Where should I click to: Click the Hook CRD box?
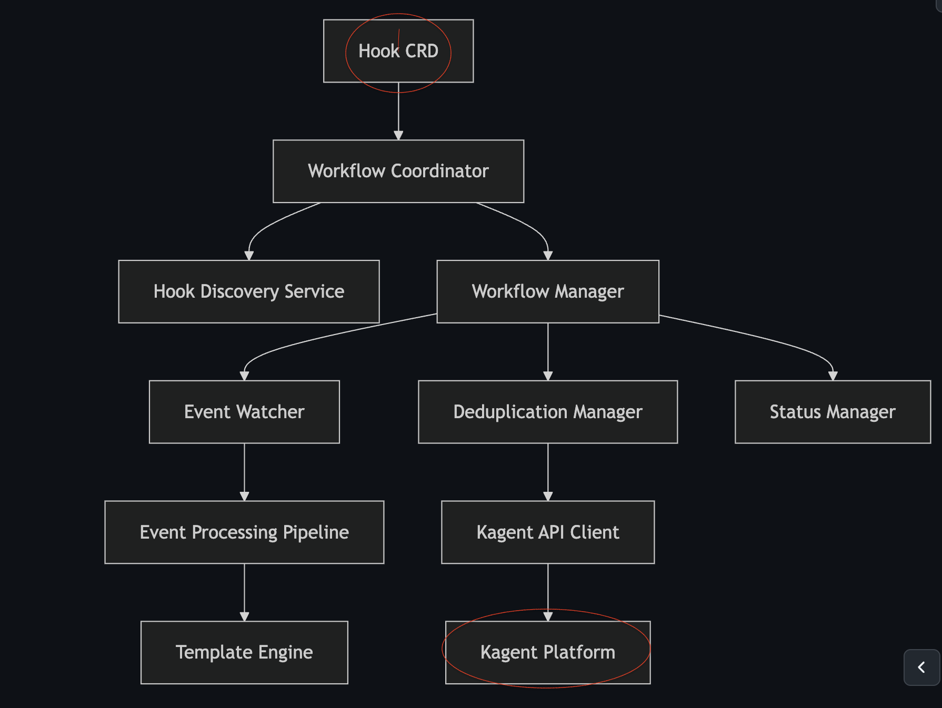(x=398, y=51)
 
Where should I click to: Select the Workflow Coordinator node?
(x=398, y=171)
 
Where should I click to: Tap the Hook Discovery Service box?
(x=249, y=291)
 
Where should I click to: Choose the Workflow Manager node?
(x=548, y=291)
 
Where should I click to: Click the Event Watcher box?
(x=244, y=412)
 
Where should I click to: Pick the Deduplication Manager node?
(x=548, y=412)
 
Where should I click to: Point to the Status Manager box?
(x=833, y=412)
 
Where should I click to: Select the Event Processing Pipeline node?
(x=244, y=532)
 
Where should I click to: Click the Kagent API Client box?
(x=548, y=532)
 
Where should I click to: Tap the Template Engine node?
(x=244, y=652)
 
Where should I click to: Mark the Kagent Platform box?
(x=548, y=652)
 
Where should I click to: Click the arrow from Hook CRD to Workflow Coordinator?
(x=398, y=111)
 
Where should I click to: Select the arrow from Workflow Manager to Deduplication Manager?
(x=548, y=351)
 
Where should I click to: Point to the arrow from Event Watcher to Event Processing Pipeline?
(x=244, y=472)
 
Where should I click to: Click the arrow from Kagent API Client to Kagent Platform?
(x=548, y=592)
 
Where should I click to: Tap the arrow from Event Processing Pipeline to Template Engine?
(x=244, y=592)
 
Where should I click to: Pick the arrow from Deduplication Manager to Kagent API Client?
(x=548, y=472)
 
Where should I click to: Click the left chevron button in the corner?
(x=921, y=667)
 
